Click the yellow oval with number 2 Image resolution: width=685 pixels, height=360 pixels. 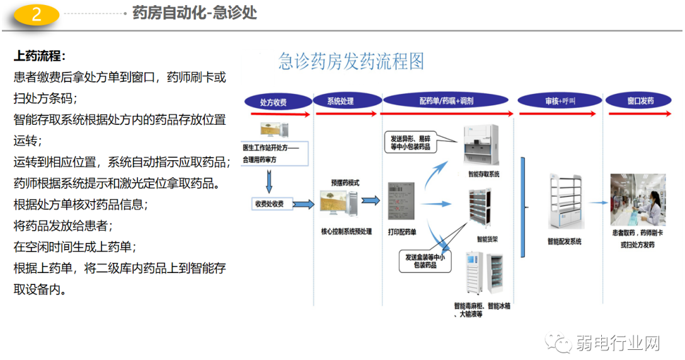click(37, 15)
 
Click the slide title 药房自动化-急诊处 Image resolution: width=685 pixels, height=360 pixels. click(195, 13)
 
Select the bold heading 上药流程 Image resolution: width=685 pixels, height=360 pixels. click(40, 56)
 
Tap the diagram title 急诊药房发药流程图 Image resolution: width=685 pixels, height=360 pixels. click(351, 62)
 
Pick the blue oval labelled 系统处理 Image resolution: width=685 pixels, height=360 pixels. click(341, 102)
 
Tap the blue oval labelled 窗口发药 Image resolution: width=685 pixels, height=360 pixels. click(640, 102)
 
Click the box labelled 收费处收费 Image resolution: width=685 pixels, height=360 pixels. click(270, 204)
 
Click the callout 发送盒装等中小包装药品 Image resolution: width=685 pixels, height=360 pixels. click(425, 261)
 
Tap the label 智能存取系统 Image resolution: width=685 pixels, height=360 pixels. click(483, 175)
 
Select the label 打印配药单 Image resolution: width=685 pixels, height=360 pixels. click(402, 232)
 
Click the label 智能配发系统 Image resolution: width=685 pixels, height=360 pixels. click(564, 242)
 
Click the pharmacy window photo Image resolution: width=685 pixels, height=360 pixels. click(638, 200)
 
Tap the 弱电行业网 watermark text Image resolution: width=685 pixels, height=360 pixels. click(617, 344)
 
